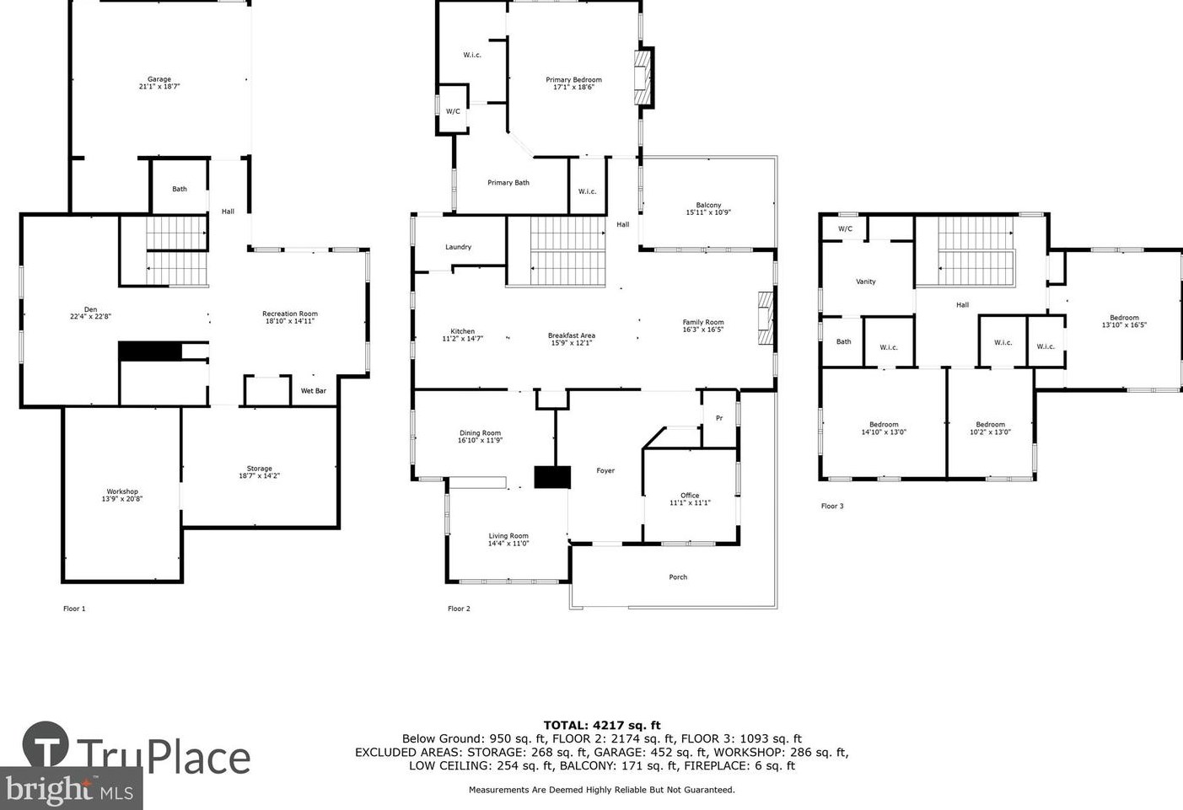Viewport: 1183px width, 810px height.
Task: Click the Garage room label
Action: (159, 79)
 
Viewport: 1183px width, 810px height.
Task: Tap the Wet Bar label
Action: (313, 391)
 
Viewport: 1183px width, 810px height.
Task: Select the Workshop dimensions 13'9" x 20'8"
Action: (122, 498)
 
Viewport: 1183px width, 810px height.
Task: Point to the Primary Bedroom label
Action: (573, 80)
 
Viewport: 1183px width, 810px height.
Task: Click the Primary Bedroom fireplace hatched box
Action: (643, 78)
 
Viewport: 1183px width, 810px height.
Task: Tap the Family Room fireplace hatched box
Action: (766, 318)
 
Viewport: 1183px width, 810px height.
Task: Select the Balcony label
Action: (708, 205)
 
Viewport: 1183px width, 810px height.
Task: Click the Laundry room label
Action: (458, 247)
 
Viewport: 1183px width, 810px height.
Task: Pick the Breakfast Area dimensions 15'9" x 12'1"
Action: (572, 343)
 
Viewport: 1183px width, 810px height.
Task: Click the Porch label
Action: (678, 577)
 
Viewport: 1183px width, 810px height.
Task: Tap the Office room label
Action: (690, 496)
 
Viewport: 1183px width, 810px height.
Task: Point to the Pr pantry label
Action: (718, 418)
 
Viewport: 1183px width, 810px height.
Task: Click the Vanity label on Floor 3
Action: (866, 282)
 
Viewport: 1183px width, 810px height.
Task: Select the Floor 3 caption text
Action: (832, 506)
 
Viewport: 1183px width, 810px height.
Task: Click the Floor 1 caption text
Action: (74, 609)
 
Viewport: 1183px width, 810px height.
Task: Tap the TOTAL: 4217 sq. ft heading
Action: (602, 725)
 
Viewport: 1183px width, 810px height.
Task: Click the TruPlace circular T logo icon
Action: (46, 744)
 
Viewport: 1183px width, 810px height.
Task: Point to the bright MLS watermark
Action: (71, 789)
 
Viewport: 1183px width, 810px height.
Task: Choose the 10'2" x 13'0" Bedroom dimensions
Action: (990, 432)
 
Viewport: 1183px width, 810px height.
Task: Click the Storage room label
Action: (260, 469)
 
